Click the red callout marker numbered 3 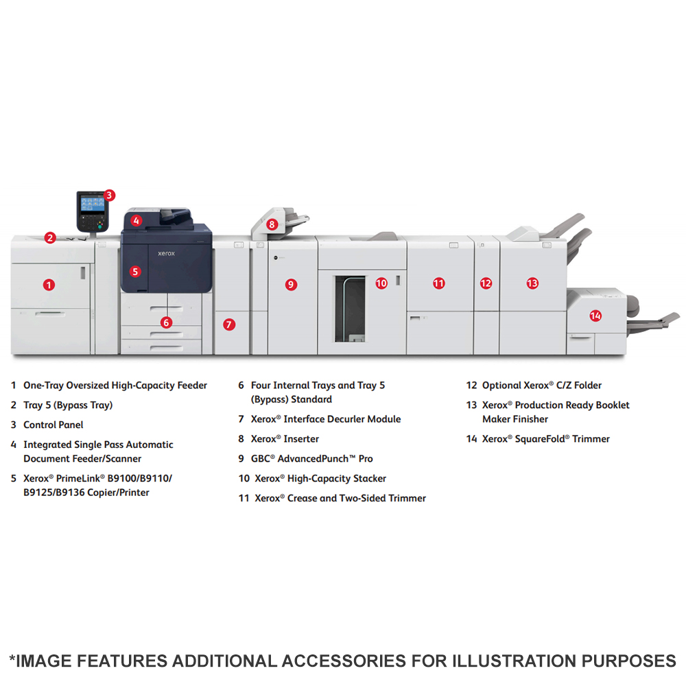coord(109,195)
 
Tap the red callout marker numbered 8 coord(272,224)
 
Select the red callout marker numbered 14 coord(595,316)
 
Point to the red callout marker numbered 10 coord(381,283)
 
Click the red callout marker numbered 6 coord(166,322)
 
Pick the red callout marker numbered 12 coord(486,283)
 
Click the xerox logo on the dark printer coord(166,253)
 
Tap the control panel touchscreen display coord(93,204)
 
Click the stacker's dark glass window coord(350,309)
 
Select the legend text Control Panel coord(54,425)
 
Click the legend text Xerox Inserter coord(285,439)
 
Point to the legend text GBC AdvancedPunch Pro coord(312,458)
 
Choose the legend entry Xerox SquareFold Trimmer coord(545,439)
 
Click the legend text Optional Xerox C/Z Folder coord(542,386)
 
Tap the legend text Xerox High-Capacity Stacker coord(320,478)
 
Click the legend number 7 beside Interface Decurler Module coord(241,419)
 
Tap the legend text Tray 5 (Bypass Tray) coord(68,405)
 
